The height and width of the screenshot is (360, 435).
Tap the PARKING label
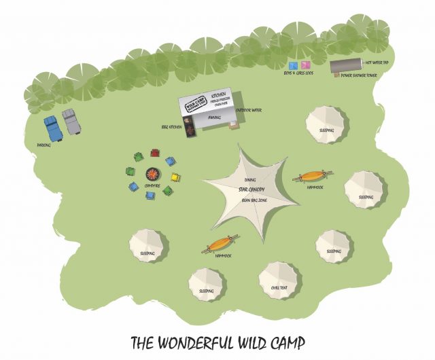coord(44,145)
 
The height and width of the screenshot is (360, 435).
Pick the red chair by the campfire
coord(155,153)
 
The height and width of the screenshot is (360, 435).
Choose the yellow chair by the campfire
coord(175,179)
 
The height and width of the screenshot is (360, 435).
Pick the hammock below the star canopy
coord(220,243)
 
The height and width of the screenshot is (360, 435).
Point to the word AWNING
coord(213,118)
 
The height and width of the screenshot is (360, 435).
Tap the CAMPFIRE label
coord(153,185)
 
